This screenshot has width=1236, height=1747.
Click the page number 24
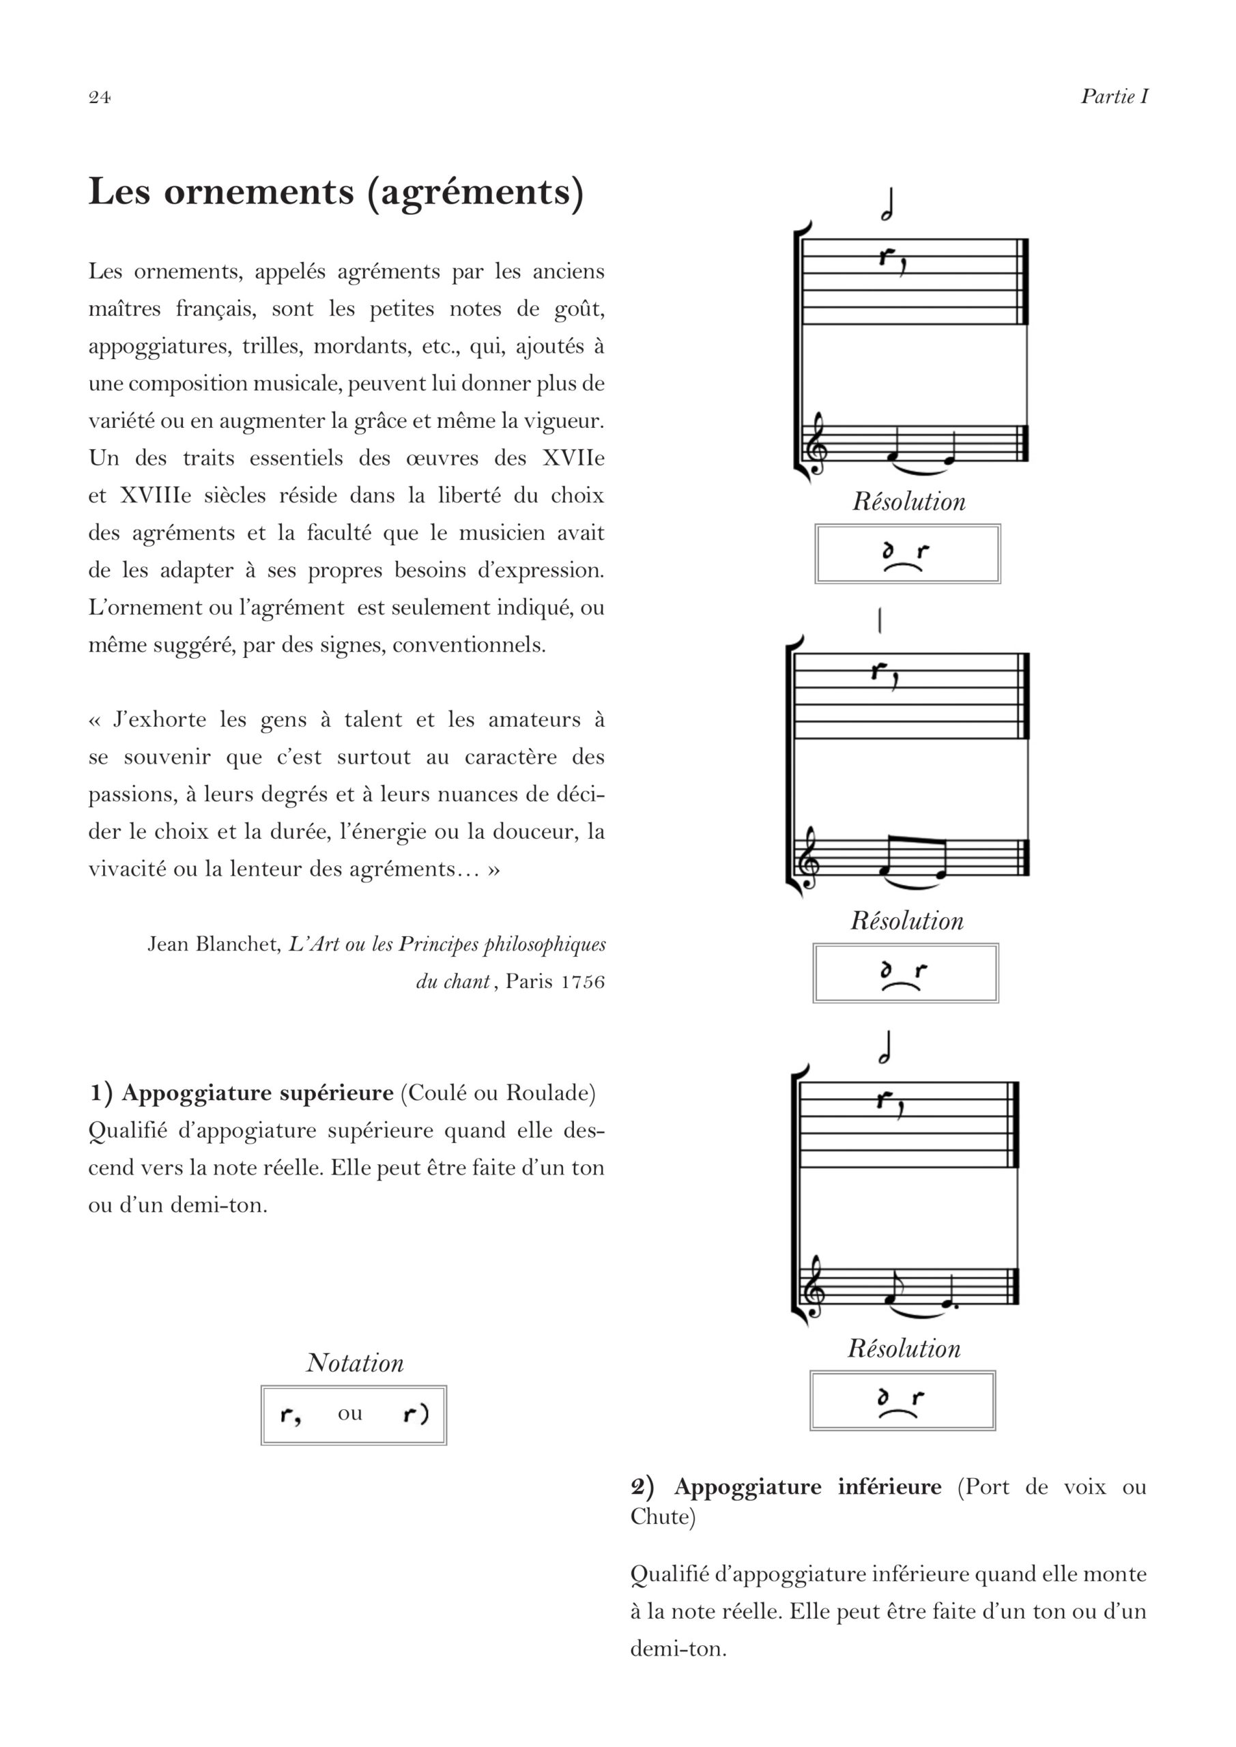(x=100, y=97)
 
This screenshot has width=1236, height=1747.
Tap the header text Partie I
(x=1115, y=97)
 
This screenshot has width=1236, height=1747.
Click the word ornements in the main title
(x=259, y=191)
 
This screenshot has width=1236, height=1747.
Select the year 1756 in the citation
(x=583, y=981)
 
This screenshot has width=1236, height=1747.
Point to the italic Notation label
(x=355, y=1362)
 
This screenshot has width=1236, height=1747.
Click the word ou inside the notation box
(x=350, y=1413)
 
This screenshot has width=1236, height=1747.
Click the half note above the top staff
(x=887, y=205)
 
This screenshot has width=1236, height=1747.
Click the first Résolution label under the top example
(x=908, y=502)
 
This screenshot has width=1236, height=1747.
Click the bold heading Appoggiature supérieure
(x=257, y=1093)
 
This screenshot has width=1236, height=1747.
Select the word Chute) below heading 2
(x=663, y=1516)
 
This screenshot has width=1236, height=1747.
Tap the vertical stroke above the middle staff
(x=880, y=621)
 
